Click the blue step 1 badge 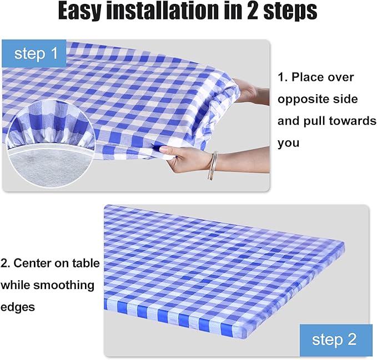pyautogui.click(x=34, y=53)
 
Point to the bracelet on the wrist pyautogui.click(x=212, y=166)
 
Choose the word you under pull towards pyautogui.click(x=288, y=143)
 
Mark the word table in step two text pyautogui.click(x=85, y=263)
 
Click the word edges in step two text pyautogui.click(x=18, y=307)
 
